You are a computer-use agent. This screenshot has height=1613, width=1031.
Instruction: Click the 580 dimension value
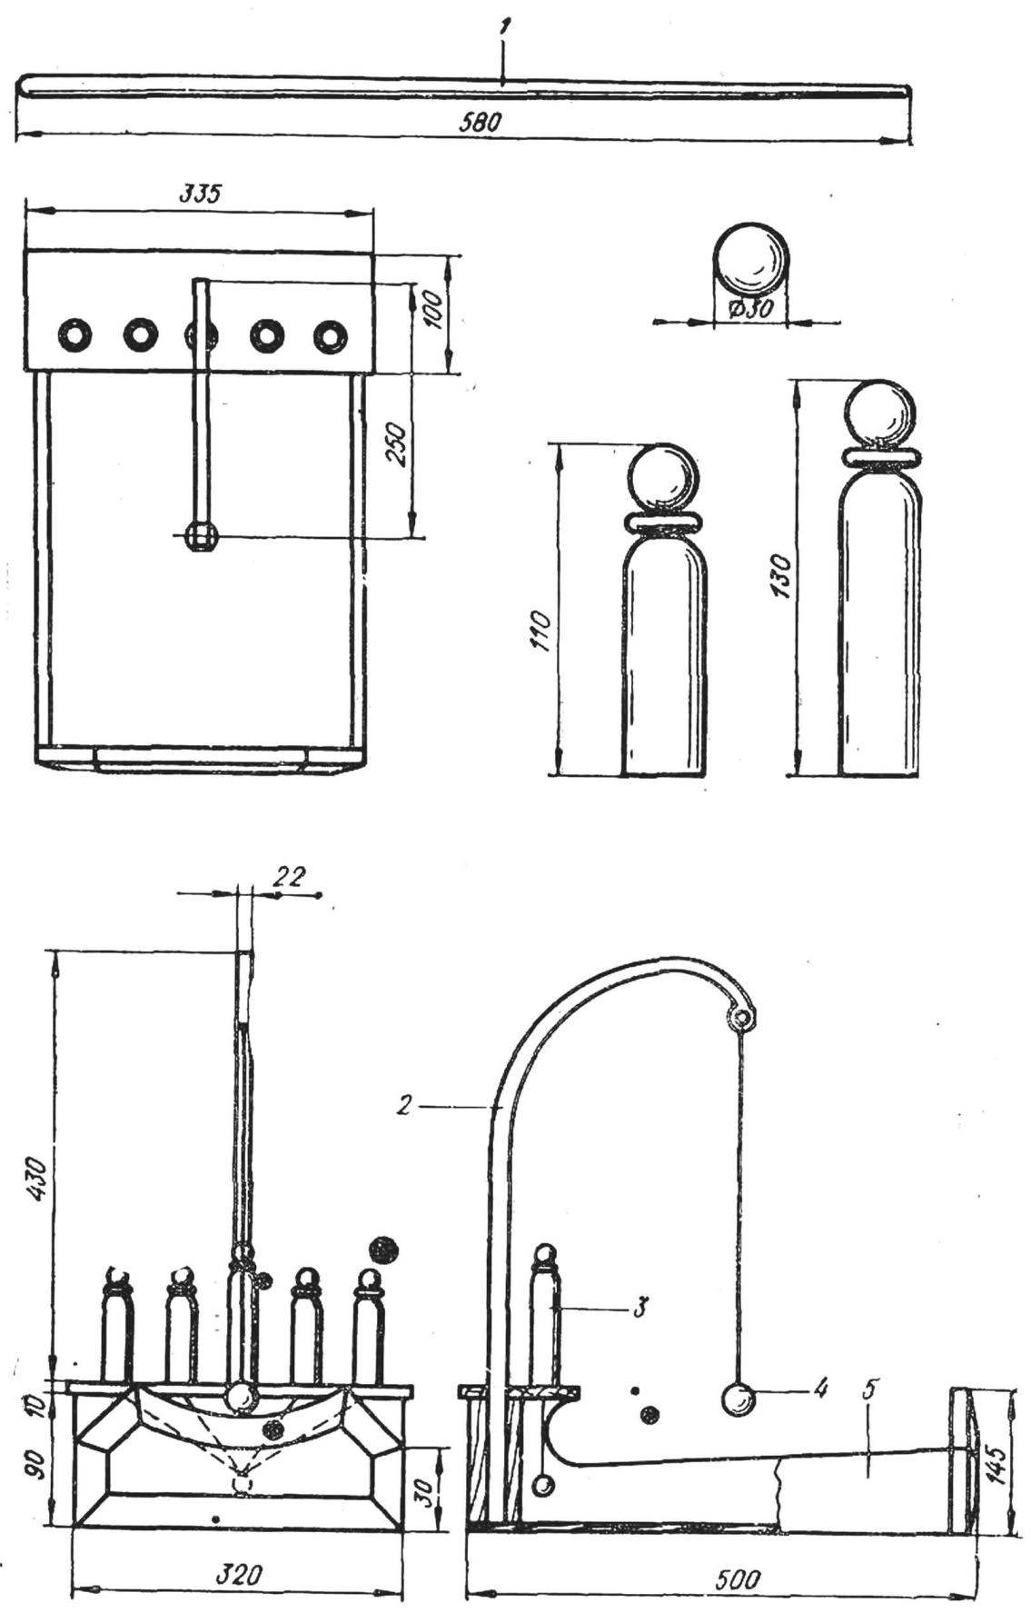point(481,122)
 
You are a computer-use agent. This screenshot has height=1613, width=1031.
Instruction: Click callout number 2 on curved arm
point(408,1105)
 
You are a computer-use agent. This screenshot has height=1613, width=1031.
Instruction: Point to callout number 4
point(822,1389)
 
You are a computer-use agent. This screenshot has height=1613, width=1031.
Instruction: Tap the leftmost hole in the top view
point(74,335)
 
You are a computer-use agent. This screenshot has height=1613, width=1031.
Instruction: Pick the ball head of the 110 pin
point(664,479)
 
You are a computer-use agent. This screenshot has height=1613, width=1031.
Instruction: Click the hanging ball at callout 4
point(739,1399)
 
